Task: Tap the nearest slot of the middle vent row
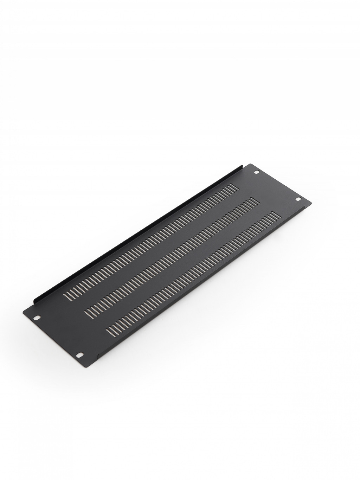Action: [x=87, y=309]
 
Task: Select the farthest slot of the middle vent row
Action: [x=256, y=199]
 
